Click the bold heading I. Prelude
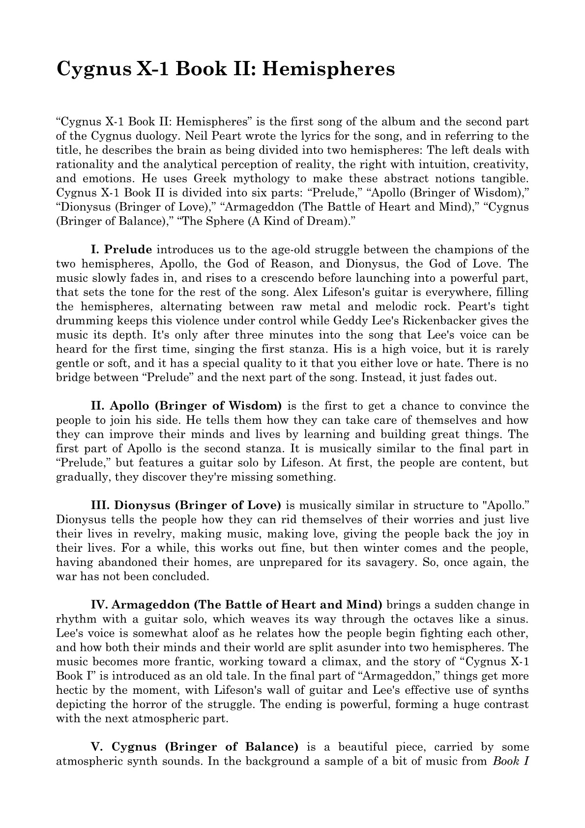click(x=121, y=249)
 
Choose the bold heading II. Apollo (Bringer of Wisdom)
click(x=186, y=406)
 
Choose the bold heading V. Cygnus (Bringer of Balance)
click(x=195, y=747)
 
